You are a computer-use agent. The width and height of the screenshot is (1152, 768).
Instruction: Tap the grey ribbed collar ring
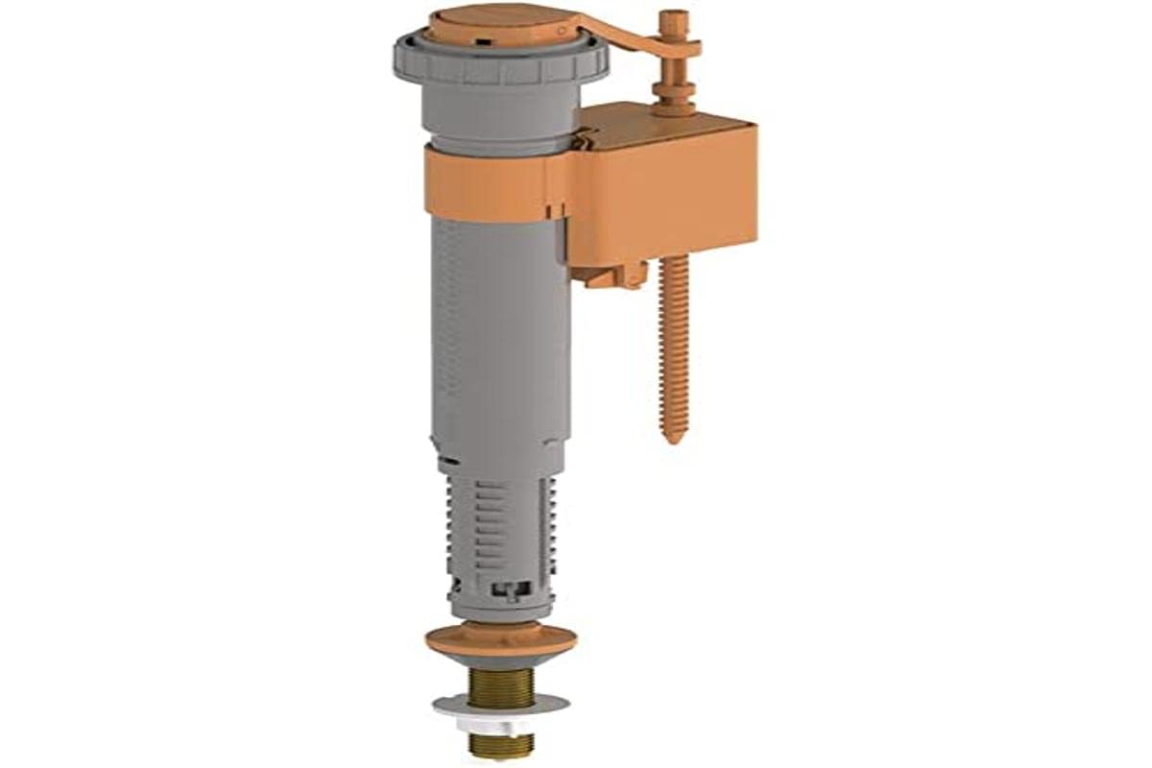(x=499, y=63)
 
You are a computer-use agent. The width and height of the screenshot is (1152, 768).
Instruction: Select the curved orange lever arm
(x=624, y=38)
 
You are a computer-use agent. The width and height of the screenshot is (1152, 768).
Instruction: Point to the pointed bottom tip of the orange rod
(x=675, y=438)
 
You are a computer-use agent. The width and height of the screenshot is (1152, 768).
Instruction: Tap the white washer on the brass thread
(x=499, y=710)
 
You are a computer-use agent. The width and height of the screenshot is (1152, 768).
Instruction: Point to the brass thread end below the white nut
(x=499, y=743)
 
